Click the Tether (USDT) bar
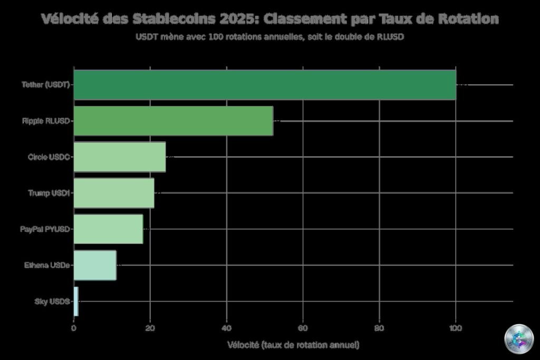[x=264, y=85]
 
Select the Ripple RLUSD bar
[x=173, y=121]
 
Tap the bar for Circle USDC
[x=119, y=157]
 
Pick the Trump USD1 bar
[x=113, y=193]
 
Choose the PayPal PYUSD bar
[x=108, y=229]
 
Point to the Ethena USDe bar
[x=95, y=265]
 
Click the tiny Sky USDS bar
[x=76, y=301]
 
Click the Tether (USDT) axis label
[x=45, y=85]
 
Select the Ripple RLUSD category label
[x=46, y=121]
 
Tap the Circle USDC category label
[x=49, y=157]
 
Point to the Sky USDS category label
[x=52, y=301]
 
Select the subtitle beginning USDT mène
[x=269, y=37]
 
